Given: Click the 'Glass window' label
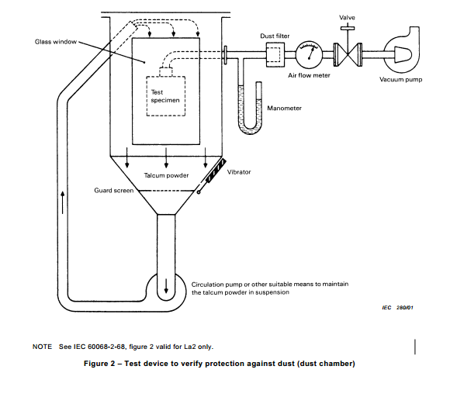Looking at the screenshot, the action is pos(56,42).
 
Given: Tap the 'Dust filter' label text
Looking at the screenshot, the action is pos(275,36).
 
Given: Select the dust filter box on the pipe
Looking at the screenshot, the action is pos(275,55).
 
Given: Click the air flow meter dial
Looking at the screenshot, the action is pos(309,54).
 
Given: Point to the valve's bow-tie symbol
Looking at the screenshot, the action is pos(348,55).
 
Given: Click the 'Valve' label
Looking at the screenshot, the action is pos(347,18).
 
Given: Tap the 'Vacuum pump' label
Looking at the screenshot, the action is pos(400,79).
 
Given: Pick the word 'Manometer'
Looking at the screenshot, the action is pos(284,109).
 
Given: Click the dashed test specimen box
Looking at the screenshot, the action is pos(166,96).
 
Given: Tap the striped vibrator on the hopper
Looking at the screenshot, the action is pos(216,171).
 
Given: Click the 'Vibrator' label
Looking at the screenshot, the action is pos(239,172).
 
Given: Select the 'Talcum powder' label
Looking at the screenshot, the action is pos(166,175).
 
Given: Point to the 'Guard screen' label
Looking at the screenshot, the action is pos(113,191).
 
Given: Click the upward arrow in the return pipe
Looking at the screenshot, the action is pos(63,202).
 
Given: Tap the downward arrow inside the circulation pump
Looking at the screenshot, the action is pos(166,285).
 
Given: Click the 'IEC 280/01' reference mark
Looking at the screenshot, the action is pos(397,308).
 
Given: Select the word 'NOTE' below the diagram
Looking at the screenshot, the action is pos(42,347).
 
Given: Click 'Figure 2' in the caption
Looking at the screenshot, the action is pos(99,364).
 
